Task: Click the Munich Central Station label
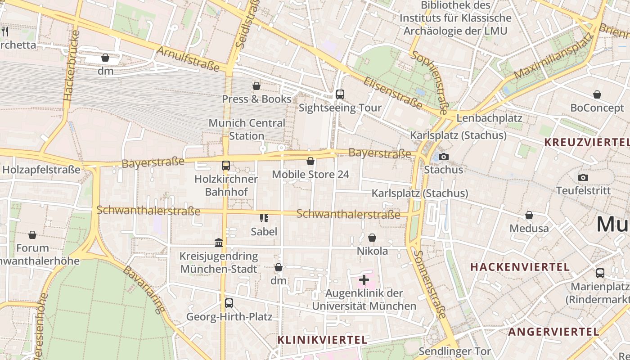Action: click(x=247, y=129)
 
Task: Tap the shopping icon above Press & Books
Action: click(x=256, y=85)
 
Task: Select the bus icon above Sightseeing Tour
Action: click(x=340, y=94)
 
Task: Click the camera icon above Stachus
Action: click(x=444, y=157)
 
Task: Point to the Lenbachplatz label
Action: click(x=489, y=118)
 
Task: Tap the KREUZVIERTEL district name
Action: click(x=586, y=142)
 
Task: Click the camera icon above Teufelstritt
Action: click(x=583, y=177)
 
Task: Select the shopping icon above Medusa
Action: click(x=529, y=215)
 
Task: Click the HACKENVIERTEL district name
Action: click(x=520, y=267)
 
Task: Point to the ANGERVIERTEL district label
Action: click(x=553, y=332)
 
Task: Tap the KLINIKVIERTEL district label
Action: click(x=322, y=340)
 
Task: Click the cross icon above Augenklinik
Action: click(x=364, y=280)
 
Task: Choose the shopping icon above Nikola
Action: click(x=372, y=238)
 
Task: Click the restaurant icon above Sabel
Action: click(x=264, y=218)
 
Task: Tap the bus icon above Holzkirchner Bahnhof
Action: click(x=226, y=166)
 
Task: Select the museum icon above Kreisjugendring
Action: click(x=219, y=243)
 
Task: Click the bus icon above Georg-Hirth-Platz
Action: click(x=229, y=303)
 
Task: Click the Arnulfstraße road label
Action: click(x=188, y=58)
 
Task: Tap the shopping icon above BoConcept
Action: click(x=597, y=94)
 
